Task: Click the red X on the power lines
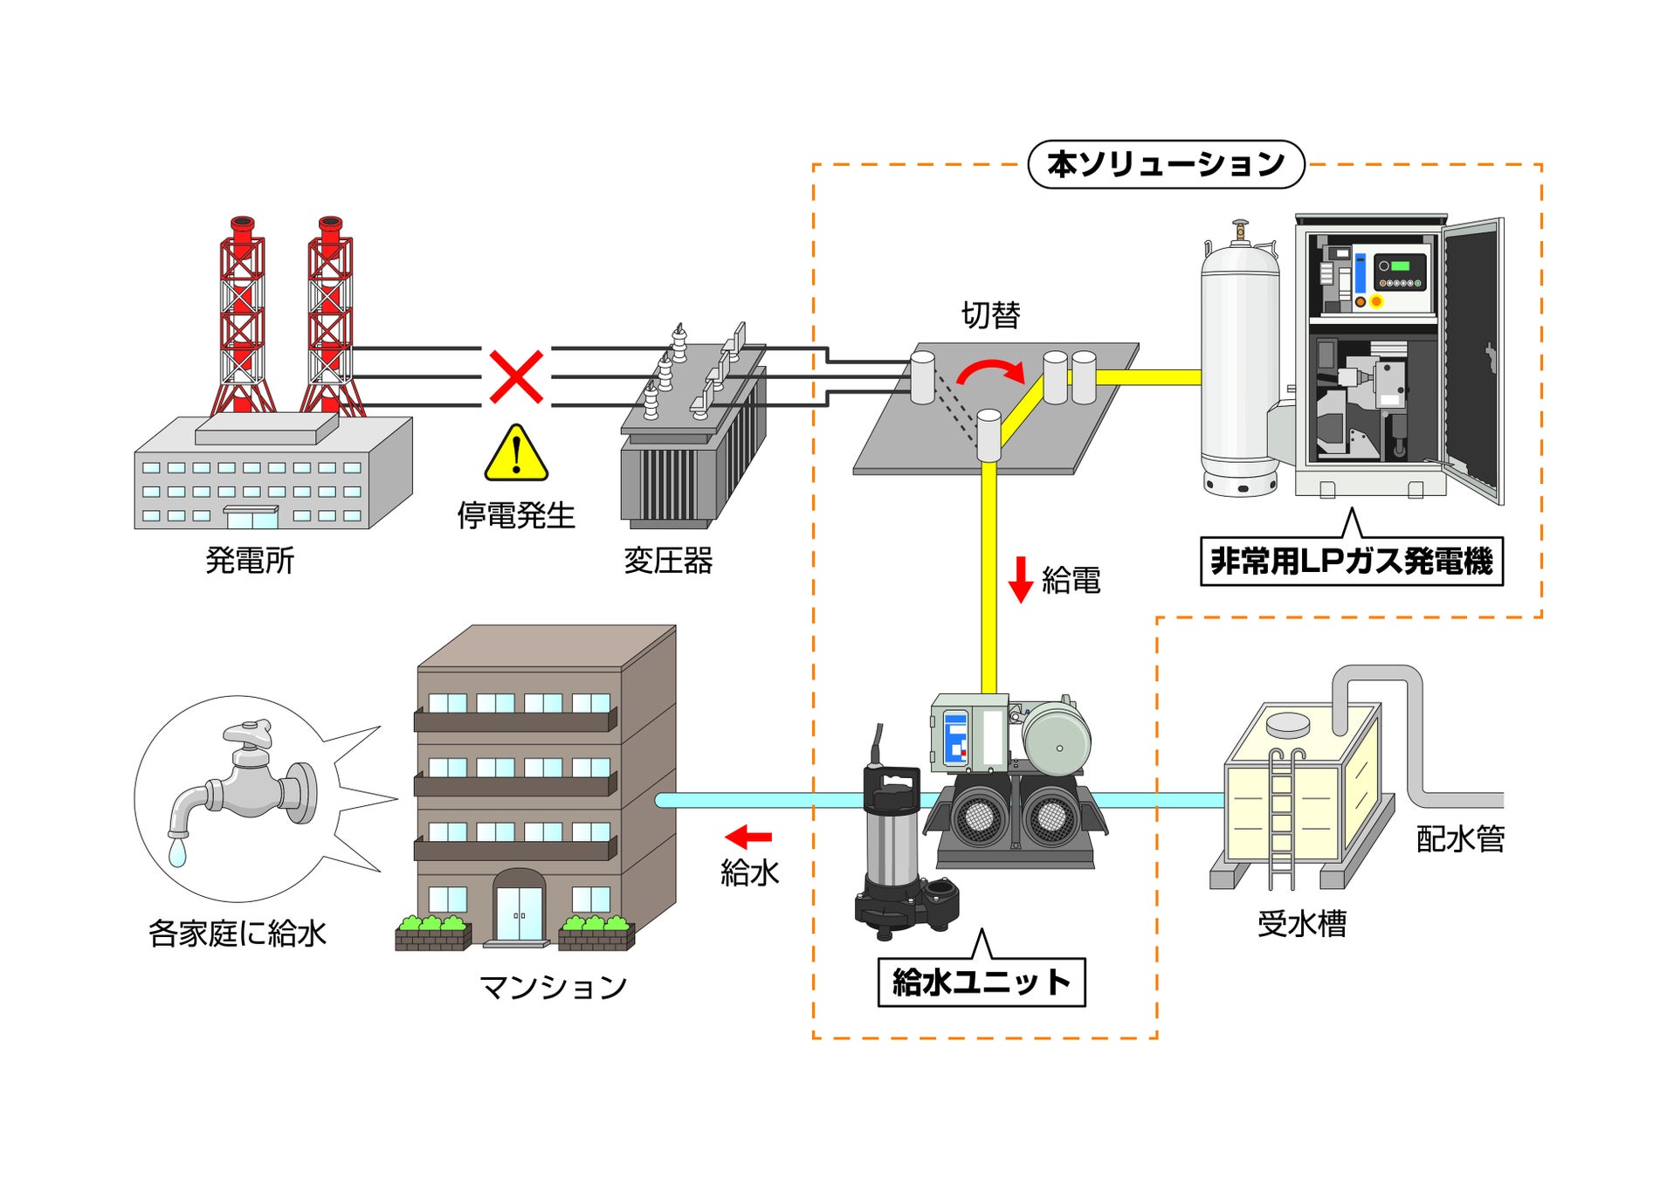point(516,377)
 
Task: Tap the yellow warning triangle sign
point(516,453)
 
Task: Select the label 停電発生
point(516,515)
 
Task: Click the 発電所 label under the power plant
point(250,560)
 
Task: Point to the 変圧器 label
point(668,560)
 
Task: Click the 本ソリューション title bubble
point(1166,164)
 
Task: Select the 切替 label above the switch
point(990,314)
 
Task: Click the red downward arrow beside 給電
point(1020,580)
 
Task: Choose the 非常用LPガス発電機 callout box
point(1351,561)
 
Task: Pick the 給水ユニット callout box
point(981,982)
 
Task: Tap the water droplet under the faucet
point(177,851)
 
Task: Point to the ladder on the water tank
point(1282,817)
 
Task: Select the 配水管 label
point(1461,838)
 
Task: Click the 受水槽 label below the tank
point(1302,923)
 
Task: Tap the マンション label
point(554,987)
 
